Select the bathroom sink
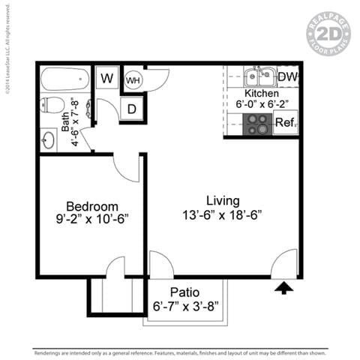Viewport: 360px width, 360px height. (x=50, y=139)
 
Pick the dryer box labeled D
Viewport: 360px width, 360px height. (x=132, y=109)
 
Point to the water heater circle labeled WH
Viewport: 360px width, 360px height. (x=133, y=79)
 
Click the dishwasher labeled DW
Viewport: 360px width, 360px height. (x=289, y=76)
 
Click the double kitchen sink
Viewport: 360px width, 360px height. (x=258, y=76)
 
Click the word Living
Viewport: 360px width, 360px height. (x=223, y=200)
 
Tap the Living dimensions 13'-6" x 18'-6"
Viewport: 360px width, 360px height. (x=223, y=215)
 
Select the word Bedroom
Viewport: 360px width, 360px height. (x=91, y=205)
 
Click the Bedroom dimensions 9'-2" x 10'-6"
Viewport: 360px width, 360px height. (x=91, y=220)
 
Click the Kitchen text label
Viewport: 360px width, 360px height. (x=262, y=93)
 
